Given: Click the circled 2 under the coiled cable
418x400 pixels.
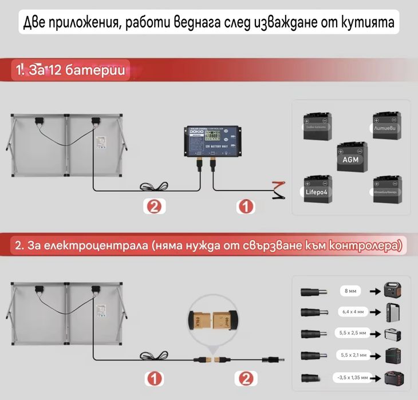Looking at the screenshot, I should [x=153, y=207].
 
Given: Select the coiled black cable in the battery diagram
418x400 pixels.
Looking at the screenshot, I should [x=153, y=187].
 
